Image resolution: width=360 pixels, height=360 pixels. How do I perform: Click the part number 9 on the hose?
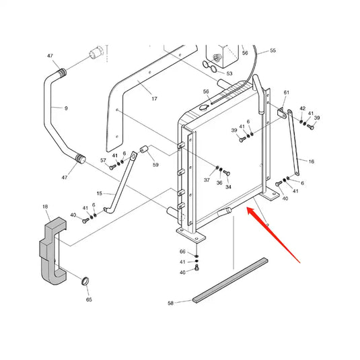point(66,108)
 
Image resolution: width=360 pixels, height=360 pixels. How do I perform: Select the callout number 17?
point(154,99)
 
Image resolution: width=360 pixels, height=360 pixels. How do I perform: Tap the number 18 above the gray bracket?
point(45,207)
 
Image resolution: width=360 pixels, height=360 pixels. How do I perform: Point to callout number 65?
point(89,299)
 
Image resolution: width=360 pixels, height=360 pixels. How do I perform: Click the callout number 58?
point(170,303)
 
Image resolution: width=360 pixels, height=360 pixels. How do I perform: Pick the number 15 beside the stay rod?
point(99,194)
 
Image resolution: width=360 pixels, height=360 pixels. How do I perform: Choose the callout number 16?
point(311,161)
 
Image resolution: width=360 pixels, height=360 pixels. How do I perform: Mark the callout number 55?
point(273,50)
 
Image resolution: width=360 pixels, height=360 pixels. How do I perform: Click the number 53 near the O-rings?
point(229,73)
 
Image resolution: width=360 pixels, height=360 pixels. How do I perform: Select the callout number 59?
point(155,165)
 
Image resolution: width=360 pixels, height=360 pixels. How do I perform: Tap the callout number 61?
point(287,93)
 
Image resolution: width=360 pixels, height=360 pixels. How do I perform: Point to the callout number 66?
point(182,252)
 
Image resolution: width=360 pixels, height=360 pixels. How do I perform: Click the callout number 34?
point(228,187)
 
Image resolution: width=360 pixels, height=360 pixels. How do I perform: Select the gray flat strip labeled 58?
point(230,281)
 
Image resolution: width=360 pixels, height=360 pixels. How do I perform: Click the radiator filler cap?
point(204,108)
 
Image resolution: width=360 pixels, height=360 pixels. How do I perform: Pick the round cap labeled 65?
point(85,281)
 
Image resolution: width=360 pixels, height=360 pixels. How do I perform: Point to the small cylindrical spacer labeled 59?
point(144,149)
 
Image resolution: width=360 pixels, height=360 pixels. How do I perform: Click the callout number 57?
point(103,160)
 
